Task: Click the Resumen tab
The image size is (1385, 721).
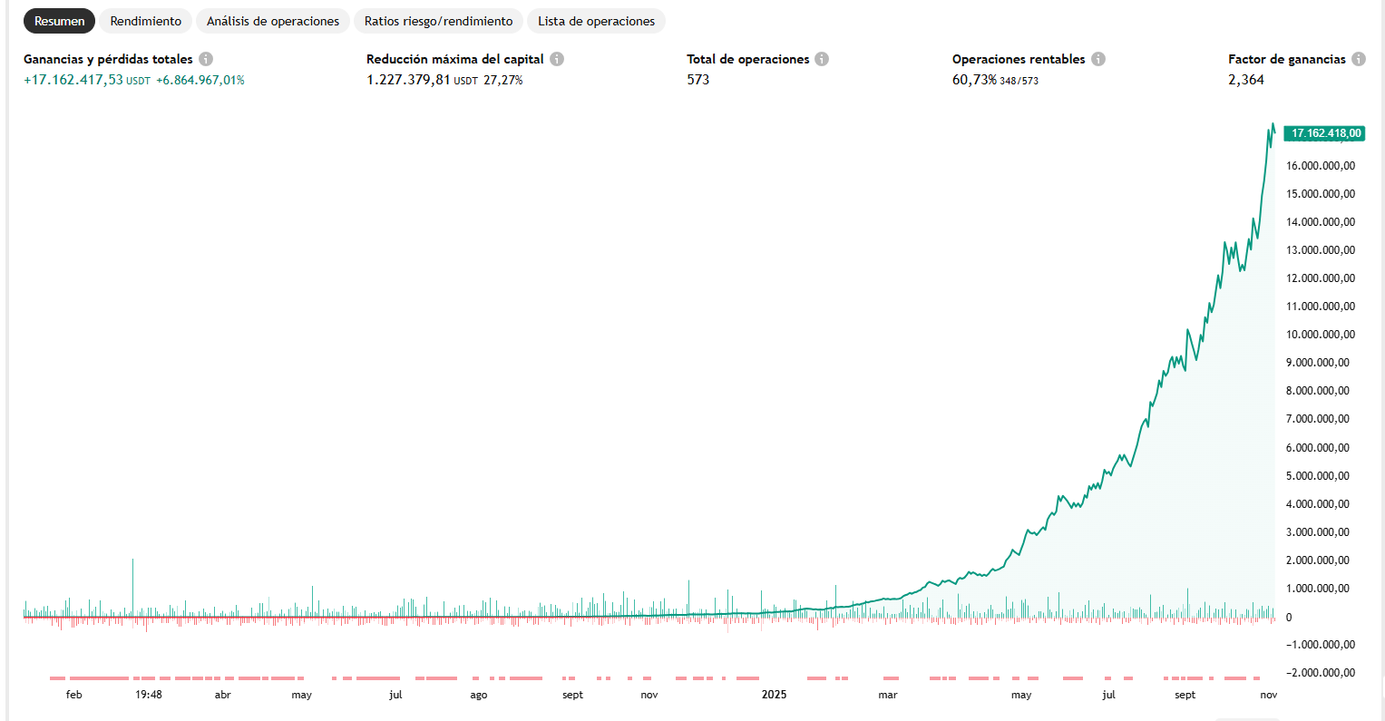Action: coord(59,21)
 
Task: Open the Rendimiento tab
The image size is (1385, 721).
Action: coord(145,21)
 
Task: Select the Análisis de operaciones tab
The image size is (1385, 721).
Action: coord(273,21)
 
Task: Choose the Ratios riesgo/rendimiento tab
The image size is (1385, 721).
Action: coord(438,21)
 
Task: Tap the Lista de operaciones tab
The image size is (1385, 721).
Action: coord(596,21)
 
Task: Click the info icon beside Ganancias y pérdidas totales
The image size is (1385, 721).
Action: coord(206,59)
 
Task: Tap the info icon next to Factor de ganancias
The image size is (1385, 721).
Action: coord(1358,59)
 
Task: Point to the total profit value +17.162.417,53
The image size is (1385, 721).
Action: coord(73,80)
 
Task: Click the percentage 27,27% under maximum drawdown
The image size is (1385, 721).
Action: coord(502,80)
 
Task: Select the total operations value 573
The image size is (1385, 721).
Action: coord(697,80)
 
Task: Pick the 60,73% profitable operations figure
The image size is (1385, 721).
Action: coord(974,80)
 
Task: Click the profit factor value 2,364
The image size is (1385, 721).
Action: coord(1245,80)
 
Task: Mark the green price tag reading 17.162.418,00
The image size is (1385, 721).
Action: coord(1325,133)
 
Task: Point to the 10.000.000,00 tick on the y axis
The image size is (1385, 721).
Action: coord(1321,335)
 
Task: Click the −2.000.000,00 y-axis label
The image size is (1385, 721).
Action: coord(1321,673)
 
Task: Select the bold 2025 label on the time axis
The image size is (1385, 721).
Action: coord(774,695)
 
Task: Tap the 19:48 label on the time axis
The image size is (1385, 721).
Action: coord(149,695)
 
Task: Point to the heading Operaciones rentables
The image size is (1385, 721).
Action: coord(1018,59)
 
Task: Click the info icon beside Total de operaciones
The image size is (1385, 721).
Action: coord(821,59)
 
